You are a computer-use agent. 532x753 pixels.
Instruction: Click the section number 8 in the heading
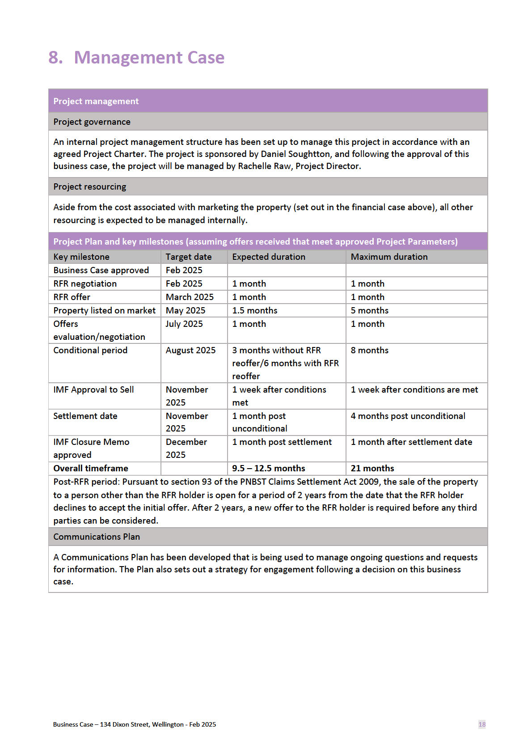(55, 58)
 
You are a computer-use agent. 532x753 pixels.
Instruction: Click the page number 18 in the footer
(481, 724)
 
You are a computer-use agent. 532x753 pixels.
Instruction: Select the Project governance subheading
(92, 122)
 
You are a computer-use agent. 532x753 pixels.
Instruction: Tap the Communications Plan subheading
(97, 537)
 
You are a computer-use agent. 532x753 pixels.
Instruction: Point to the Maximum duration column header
(389, 257)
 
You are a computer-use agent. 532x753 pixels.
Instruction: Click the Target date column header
(188, 257)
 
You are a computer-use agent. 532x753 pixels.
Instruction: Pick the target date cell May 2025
(185, 310)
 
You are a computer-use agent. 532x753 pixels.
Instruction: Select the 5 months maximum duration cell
(369, 310)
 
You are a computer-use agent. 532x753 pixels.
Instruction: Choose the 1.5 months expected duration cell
(254, 310)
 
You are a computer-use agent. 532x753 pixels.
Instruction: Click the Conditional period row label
(90, 350)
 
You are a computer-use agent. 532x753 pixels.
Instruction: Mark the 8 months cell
(369, 350)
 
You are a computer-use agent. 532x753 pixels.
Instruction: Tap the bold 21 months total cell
(372, 468)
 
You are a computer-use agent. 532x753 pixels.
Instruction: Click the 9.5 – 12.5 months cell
(268, 468)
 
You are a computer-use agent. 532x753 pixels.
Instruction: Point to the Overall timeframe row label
(91, 468)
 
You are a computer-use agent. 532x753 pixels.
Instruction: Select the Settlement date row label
(85, 416)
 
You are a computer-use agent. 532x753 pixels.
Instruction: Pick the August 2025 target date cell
(190, 350)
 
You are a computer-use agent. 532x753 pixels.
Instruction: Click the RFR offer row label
(72, 297)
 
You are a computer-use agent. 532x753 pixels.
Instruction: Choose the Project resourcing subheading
(89, 186)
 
